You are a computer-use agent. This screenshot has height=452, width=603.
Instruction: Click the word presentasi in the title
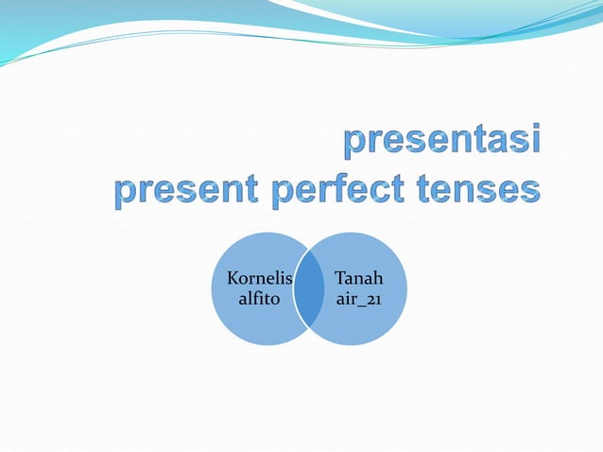[442, 143]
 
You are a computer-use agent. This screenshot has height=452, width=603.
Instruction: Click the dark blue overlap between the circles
[308, 289]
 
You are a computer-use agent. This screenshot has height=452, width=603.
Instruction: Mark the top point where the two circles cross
[308, 252]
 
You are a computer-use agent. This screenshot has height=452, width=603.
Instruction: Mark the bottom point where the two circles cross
[308, 327]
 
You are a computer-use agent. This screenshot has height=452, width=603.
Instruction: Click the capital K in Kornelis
[233, 280]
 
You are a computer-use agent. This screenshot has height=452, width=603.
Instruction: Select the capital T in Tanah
[338, 280]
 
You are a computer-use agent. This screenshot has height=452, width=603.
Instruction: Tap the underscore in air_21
[361, 304]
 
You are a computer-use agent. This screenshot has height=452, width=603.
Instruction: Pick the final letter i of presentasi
[536, 141]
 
